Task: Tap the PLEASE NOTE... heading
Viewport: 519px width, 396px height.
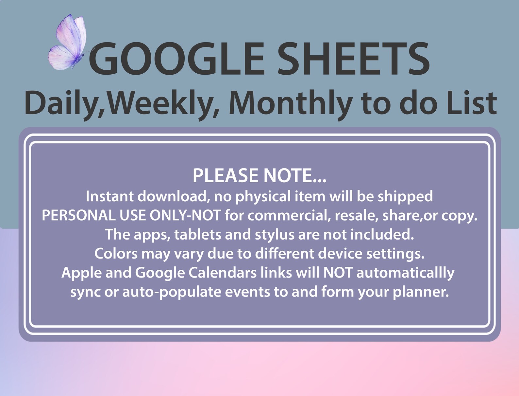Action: point(259,175)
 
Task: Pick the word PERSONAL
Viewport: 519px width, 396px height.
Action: point(78,215)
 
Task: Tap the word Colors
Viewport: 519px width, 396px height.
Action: point(116,254)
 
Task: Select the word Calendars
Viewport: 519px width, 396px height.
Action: point(223,273)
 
